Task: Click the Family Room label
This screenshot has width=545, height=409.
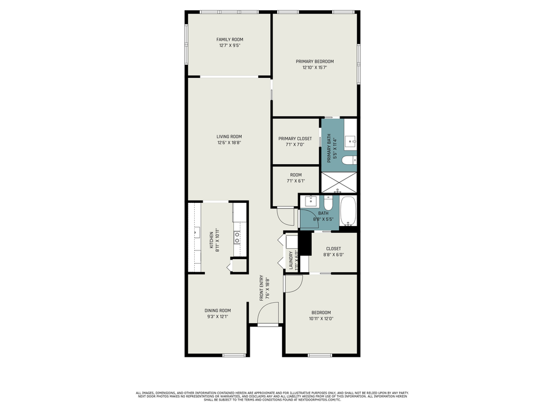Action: tap(229, 39)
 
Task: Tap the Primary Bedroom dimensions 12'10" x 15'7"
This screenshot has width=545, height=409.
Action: tap(314, 68)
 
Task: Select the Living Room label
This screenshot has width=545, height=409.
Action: tap(229, 136)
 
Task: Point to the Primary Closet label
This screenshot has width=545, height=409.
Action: tap(295, 139)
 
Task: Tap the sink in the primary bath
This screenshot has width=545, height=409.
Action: tap(350, 139)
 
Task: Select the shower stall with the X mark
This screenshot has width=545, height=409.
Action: tap(338, 183)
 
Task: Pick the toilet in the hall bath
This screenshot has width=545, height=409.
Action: tap(329, 203)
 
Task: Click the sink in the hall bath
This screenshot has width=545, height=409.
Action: tap(311, 201)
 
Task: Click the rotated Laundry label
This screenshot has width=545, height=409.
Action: tap(291, 260)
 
